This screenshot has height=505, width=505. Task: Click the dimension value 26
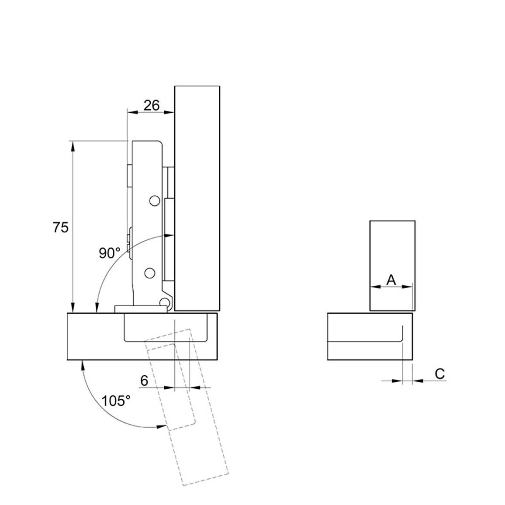pos(152,105)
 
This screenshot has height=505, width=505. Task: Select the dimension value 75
pos(61,228)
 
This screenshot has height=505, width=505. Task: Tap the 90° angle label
pos(110,253)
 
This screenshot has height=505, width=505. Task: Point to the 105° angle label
pos(116,401)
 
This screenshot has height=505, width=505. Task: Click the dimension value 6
pos(144,380)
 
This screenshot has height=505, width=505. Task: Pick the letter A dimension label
pos(391,280)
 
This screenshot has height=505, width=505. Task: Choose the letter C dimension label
pos(439,374)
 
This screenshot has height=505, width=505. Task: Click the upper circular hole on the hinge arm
pos(155,201)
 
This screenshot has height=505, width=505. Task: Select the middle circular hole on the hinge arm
pos(149,273)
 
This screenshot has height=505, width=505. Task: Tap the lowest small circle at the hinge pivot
pos(165,302)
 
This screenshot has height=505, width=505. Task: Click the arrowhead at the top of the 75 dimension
pos(73,145)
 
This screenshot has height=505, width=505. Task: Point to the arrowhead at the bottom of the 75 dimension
pos(73,308)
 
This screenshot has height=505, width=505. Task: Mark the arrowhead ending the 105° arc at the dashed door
pos(162,427)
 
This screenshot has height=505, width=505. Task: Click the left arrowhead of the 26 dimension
pos(133,112)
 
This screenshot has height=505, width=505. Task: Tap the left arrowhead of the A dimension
pos(376,286)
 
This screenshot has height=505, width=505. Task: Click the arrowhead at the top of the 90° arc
pos(169,235)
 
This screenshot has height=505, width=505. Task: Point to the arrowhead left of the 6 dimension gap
pos(169,387)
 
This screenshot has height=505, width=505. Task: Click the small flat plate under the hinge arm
pos(141,309)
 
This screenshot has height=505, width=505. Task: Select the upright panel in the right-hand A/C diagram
pos(392,266)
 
